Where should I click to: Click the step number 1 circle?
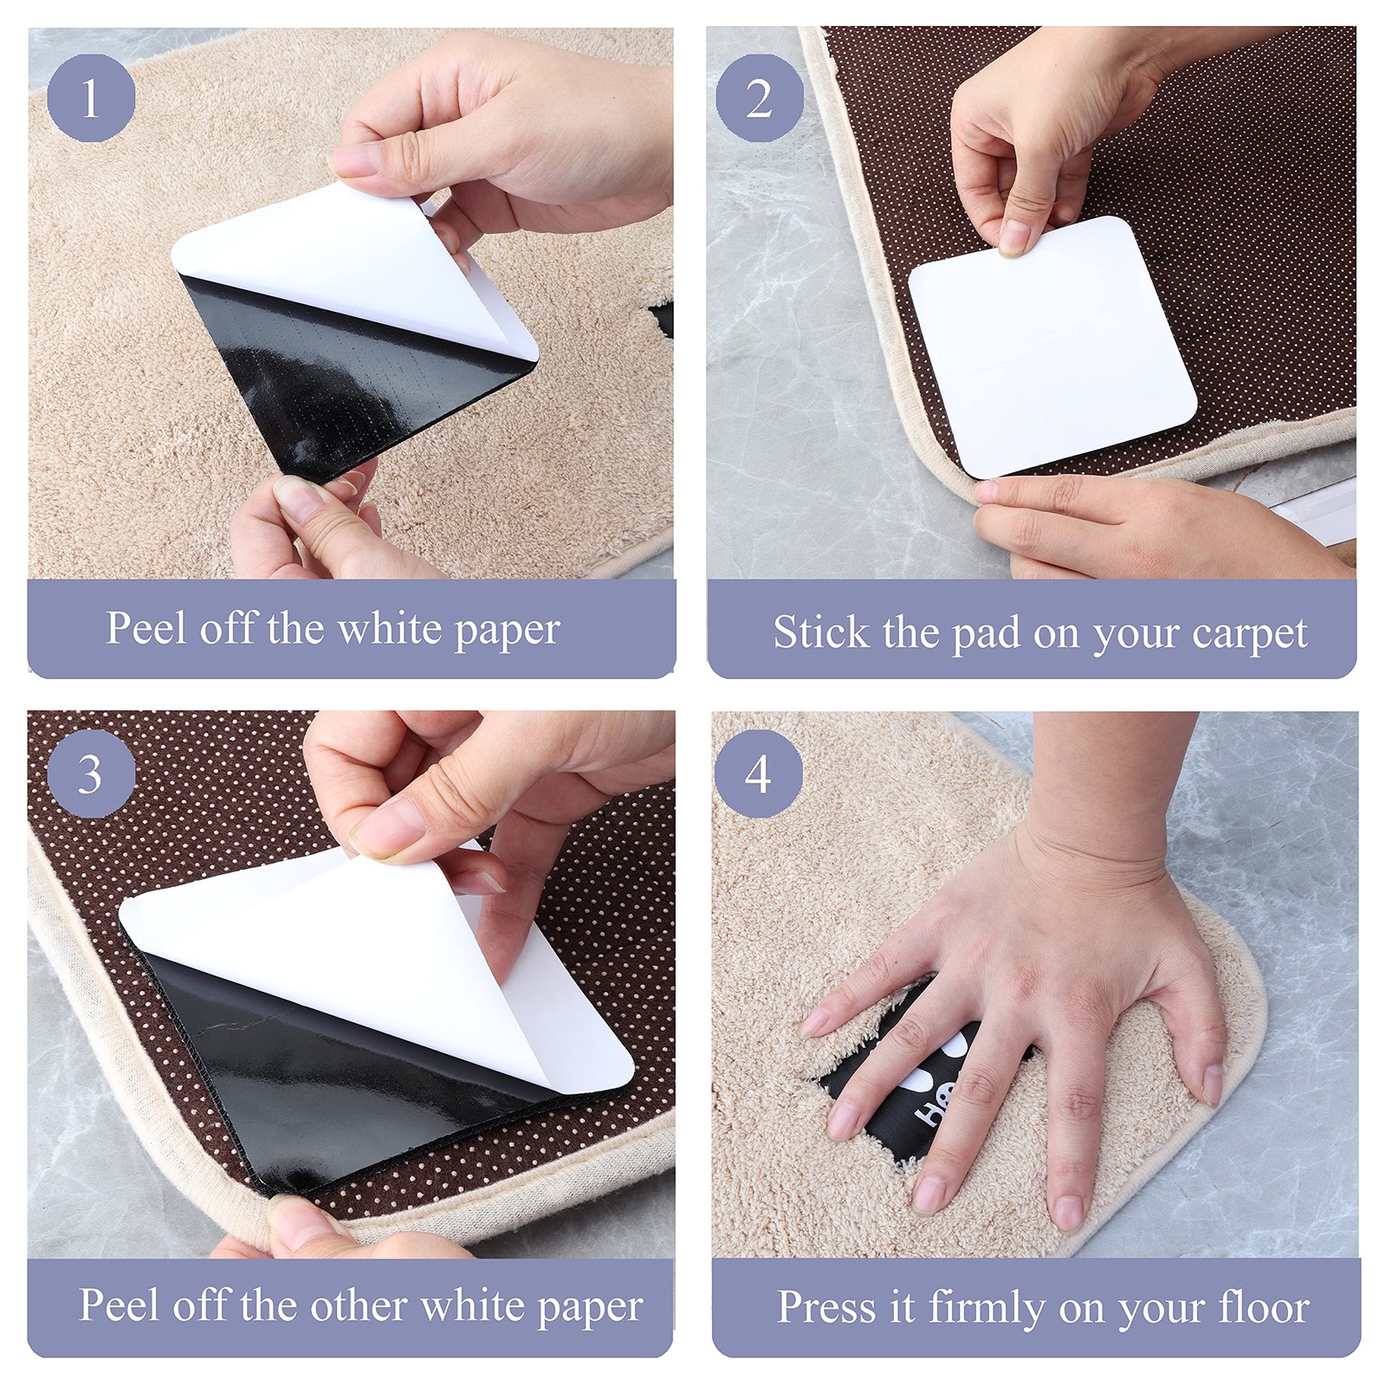click(x=91, y=98)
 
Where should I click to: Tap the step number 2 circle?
click(x=760, y=98)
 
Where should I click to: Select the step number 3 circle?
click(x=91, y=774)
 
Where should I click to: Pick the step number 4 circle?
click(x=759, y=774)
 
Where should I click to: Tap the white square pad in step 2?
click(x=1052, y=346)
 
